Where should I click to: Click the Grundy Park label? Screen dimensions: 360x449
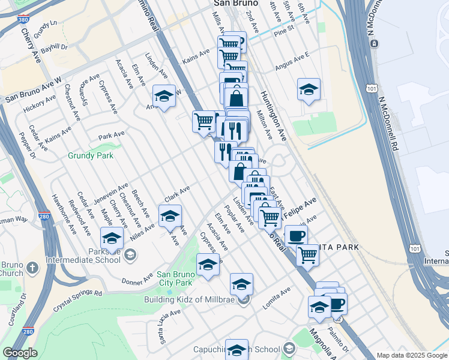(x=91, y=155)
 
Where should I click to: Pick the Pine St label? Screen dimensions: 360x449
(x=282, y=28)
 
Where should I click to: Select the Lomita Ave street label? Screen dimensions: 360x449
(x=276, y=298)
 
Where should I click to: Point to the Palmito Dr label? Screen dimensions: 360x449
(x=337, y=337)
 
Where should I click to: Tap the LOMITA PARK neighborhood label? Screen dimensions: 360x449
(x=339, y=247)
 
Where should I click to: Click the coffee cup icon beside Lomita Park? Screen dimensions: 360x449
(x=296, y=235)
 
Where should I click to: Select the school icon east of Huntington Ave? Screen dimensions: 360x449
(x=309, y=90)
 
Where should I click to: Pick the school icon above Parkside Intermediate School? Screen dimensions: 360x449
(x=112, y=239)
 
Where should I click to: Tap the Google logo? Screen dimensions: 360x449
(x=20, y=353)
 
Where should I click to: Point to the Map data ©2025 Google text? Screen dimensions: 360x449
(x=411, y=355)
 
